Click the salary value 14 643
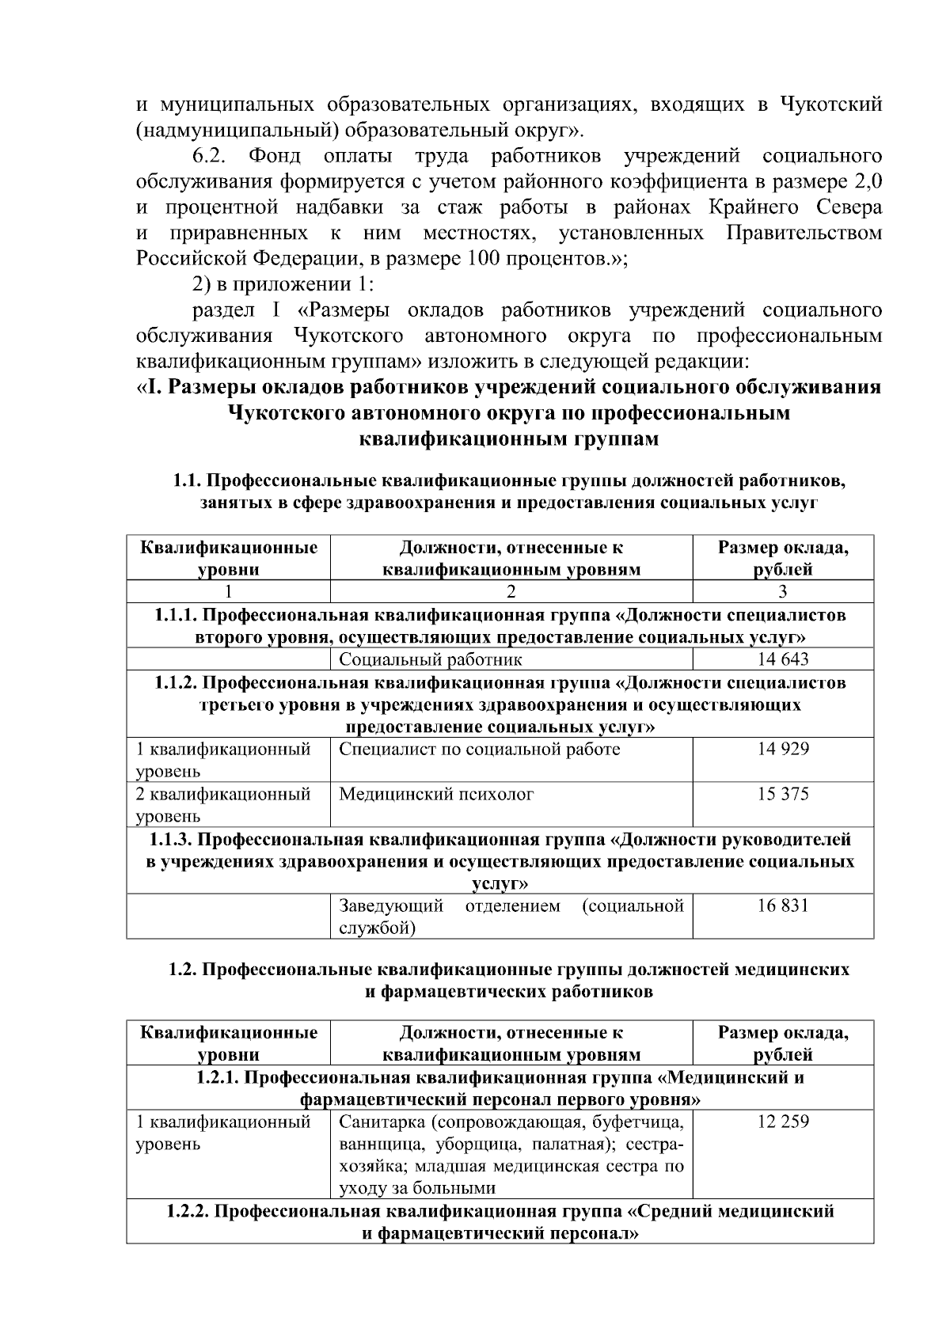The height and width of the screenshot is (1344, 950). click(783, 659)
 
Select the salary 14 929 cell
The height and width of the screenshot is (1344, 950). click(783, 749)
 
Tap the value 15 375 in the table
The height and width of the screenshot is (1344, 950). click(783, 794)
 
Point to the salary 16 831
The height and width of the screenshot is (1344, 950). click(783, 905)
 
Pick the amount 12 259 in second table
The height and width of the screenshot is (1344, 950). click(783, 1122)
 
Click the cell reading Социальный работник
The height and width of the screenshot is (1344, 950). click(431, 659)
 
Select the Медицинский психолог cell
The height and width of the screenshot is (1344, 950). click(436, 794)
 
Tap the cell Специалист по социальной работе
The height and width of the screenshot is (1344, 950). click(480, 749)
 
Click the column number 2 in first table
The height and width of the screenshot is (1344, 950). click(511, 591)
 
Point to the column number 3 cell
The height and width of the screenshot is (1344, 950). click(783, 591)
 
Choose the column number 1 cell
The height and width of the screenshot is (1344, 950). click(228, 591)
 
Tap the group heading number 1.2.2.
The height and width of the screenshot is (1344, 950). click(187, 1211)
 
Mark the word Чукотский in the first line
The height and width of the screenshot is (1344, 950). click(831, 104)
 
